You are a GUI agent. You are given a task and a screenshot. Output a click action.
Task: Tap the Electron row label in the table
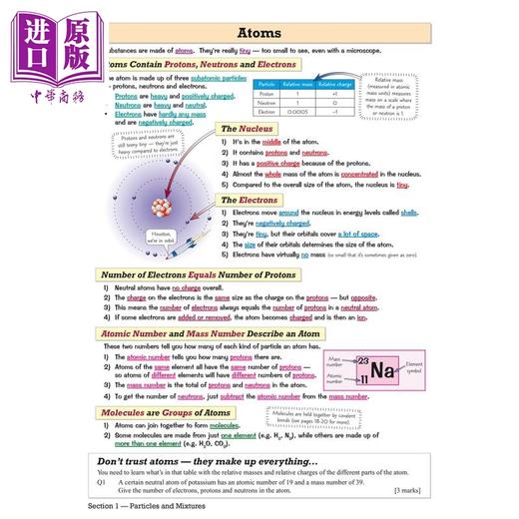coord(265,112)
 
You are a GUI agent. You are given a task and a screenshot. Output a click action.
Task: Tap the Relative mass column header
coord(299,84)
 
